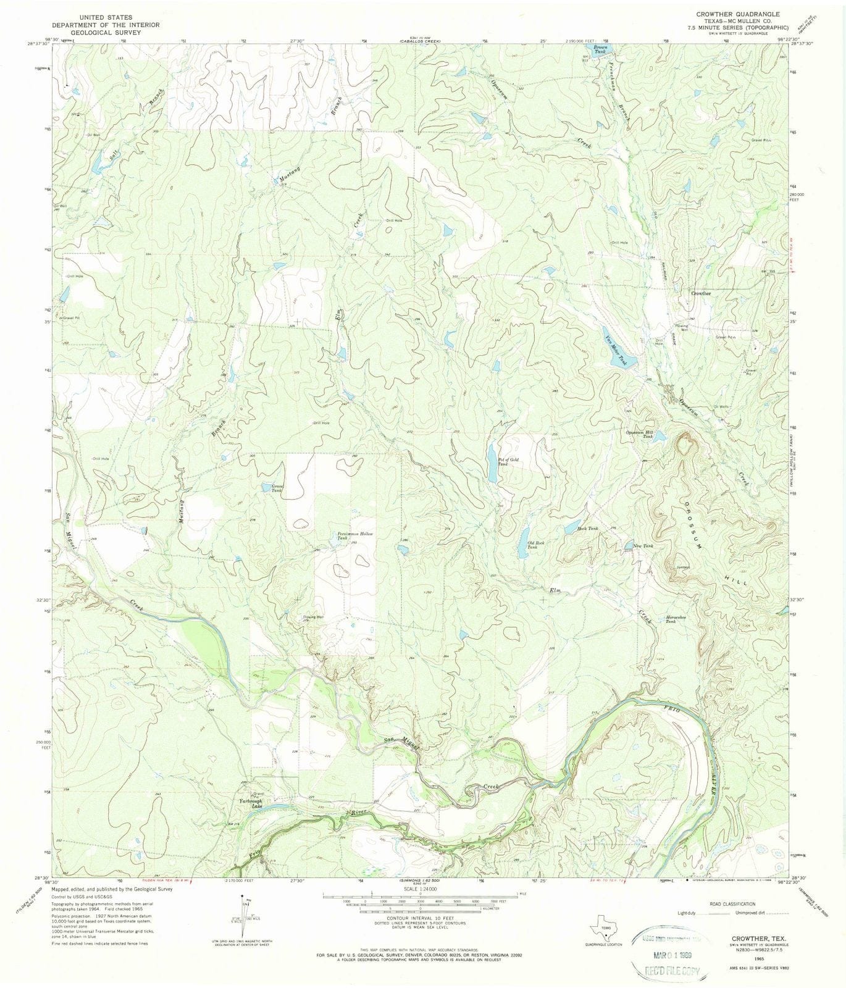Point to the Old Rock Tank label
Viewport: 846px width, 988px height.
coord(535,545)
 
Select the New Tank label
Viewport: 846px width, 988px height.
coord(643,546)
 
